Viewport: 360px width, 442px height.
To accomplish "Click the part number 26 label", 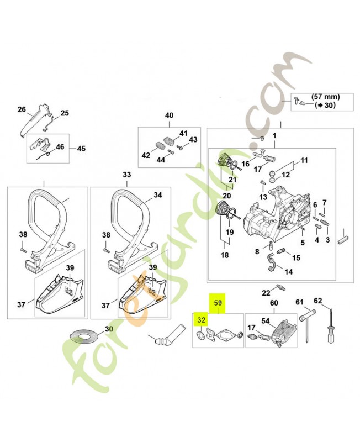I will (22, 109).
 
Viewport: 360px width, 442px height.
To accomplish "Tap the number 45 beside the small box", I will (81, 149).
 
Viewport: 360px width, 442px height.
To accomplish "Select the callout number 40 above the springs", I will (169, 115).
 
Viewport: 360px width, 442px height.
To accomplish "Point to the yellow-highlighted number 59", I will (218, 303).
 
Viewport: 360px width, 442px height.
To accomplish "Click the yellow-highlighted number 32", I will (200, 320).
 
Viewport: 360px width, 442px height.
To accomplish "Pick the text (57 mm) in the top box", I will (325, 96).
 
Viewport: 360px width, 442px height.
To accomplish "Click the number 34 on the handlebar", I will (157, 195).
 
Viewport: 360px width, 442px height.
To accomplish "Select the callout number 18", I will (224, 255).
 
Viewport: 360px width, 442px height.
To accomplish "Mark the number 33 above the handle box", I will (127, 175).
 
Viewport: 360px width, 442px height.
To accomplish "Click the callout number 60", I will (273, 303).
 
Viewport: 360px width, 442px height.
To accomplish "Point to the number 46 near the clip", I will (60, 147).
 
